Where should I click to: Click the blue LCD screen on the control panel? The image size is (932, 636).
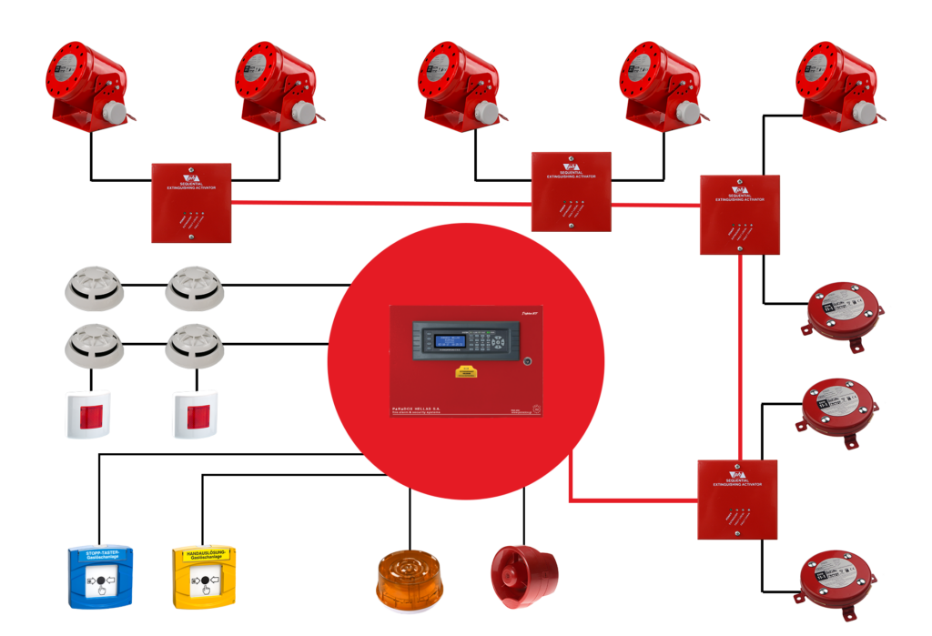coord(451,339)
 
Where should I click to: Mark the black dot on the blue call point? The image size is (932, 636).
coord(101,580)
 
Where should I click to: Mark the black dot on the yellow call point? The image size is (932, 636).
coord(205,580)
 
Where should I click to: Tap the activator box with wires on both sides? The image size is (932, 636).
coord(572,192)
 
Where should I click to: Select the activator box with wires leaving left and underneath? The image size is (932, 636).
coord(739,215)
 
